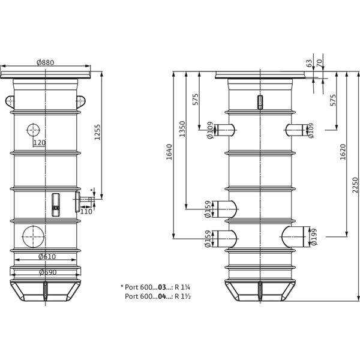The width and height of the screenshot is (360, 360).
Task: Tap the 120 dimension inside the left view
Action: [x=39, y=142]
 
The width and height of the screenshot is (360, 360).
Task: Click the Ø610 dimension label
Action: [x=47, y=257]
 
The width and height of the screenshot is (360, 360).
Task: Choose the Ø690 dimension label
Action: [x=47, y=272]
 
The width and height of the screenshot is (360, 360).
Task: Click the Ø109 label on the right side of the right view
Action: [x=311, y=130]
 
